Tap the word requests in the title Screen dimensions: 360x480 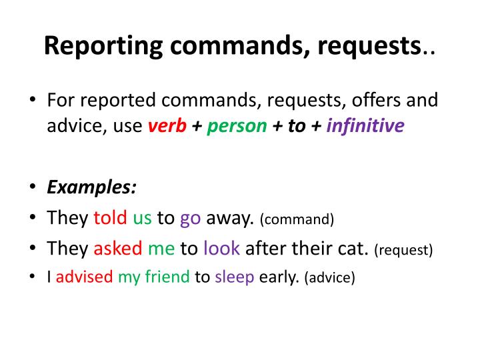click(363, 45)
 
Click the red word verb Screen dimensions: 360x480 click(167, 126)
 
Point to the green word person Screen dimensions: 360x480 click(237, 126)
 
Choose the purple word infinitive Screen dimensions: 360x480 click(365, 126)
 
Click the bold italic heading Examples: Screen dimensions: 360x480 click(92, 187)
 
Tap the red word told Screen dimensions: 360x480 click(115, 217)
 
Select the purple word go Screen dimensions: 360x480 click(190, 219)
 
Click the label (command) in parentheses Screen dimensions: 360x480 click(297, 219)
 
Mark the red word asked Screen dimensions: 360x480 click(118, 249)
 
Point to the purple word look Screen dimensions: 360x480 click(221, 249)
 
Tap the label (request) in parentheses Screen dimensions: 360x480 click(403, 250)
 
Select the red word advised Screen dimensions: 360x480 click(85, 277)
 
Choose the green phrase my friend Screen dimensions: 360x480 click(154, 277)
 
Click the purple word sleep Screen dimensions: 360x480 click(235, 277)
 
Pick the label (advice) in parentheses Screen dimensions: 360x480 click(329, 277)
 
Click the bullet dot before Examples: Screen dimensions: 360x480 click(33, 187)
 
